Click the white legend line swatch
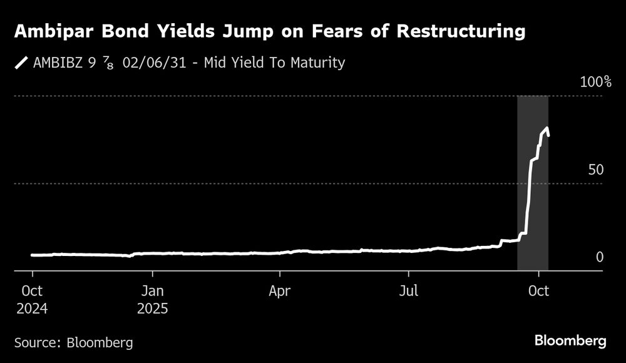click(22, 63)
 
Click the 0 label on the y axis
click(599, 257)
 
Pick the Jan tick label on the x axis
click(152, 291)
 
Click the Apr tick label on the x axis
click(280, 291)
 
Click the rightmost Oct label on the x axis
click(540, 291)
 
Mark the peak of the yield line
click(547, 128)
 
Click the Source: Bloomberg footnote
click(73, 342)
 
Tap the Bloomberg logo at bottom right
click(570, 341)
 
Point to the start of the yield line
click(32, 255)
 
